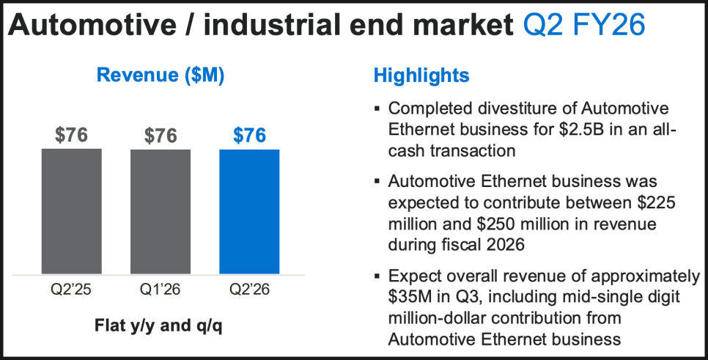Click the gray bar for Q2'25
point(71,211)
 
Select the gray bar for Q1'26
point(161,211)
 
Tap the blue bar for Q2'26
point(249,211)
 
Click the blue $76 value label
point(249,136)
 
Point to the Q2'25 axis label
point(71,290)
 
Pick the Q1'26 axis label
point(161,290)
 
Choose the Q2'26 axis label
point(249,290)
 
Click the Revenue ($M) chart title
point(161,75)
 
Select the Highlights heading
point(421,75)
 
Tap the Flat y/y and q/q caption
point(161,325)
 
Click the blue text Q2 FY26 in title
point(584,26)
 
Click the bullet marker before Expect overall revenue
point(377,277)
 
